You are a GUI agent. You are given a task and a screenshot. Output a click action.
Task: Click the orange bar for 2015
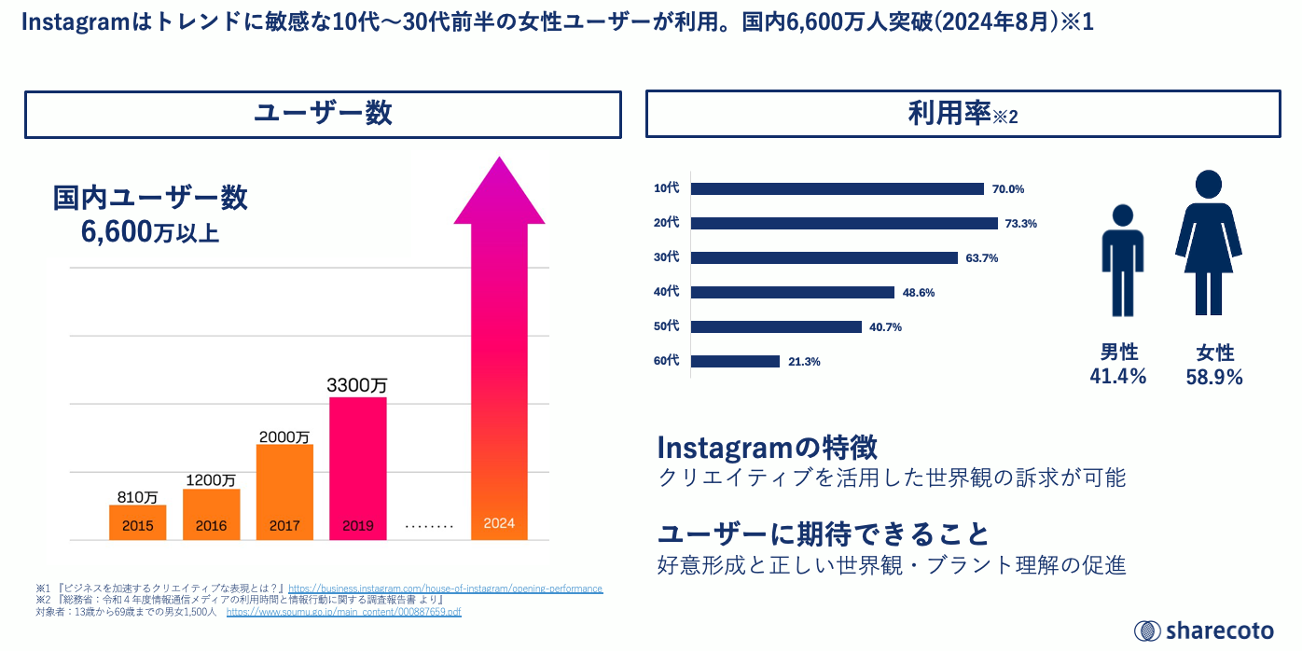(137, 522)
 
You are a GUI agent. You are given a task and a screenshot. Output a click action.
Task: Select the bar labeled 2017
(284, 492)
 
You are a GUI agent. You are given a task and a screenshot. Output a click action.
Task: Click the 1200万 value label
(211, 479)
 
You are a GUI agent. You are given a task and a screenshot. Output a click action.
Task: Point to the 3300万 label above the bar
(357, 384)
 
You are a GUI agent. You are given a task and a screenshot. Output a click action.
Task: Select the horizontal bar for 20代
(845, 223)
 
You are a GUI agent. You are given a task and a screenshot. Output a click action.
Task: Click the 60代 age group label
(667, 361)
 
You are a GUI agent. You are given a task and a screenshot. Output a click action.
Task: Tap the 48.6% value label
(919, 292)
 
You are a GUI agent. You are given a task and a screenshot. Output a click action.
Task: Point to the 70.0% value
(1008, 188)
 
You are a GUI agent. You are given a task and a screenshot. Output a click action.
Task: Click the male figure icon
(1122, 260)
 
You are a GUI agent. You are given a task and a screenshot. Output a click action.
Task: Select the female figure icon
(1209, 242)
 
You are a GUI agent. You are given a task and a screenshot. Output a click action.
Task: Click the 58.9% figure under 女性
(1214, 377)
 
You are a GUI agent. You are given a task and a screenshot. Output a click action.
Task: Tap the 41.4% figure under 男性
(1118, 376)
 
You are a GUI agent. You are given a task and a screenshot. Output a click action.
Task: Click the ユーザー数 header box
(323, 114)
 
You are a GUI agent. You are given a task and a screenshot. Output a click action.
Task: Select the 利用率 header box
(963, 115)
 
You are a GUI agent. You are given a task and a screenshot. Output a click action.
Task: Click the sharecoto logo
(1203, 630)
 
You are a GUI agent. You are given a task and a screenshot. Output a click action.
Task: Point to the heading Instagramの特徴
(767, 447)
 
